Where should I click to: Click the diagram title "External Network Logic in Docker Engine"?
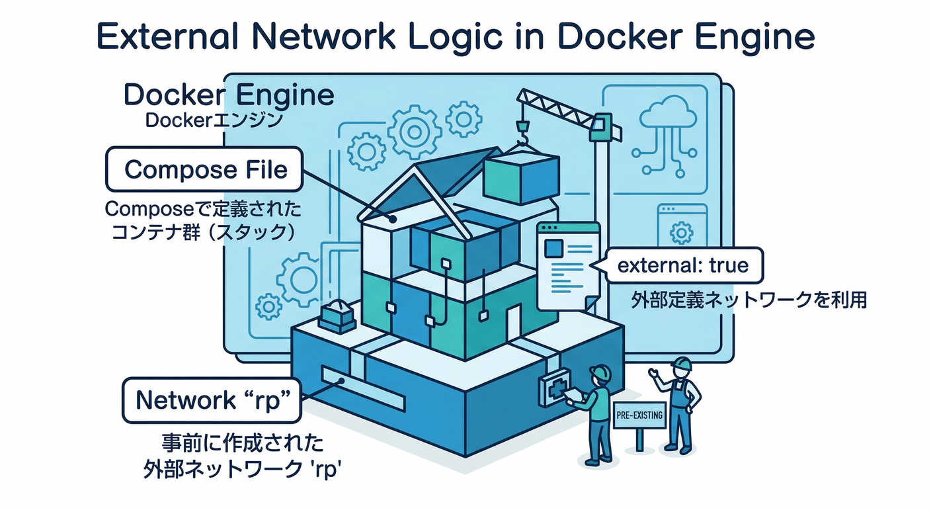(456, 37)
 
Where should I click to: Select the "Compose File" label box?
(205, 170)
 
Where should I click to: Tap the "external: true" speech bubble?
(682, 266)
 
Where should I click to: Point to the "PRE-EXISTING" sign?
(638, 415)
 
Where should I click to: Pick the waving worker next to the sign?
(678, 403)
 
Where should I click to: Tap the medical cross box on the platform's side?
(553, 390)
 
